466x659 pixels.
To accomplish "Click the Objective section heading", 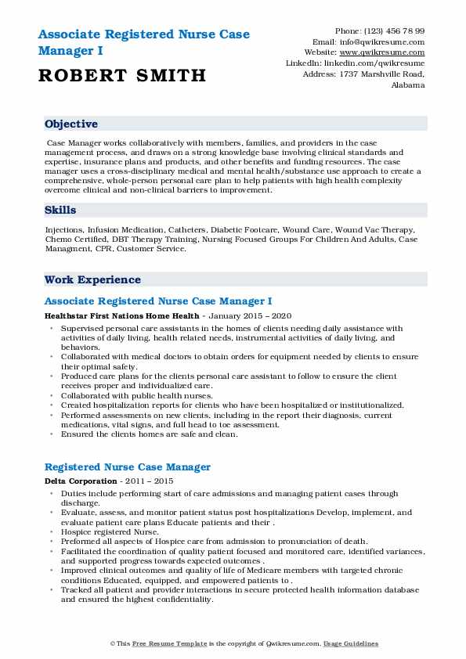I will tap(71, 124).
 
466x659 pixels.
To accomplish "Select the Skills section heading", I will tap(60, 210).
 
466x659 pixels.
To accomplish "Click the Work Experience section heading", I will tap(92, 279).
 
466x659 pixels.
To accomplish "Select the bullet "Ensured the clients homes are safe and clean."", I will tap(148, 434).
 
